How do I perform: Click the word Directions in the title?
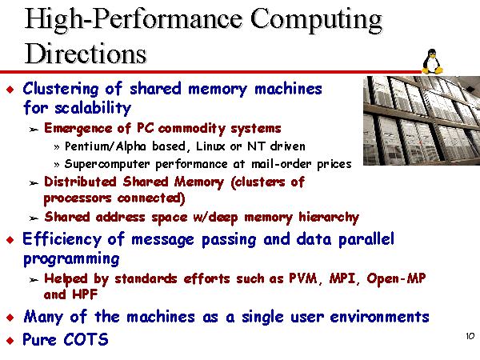86,54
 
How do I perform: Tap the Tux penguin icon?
432,62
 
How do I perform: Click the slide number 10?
470,336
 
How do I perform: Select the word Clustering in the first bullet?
61,90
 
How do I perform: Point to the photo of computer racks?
422,121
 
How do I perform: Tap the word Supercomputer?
107,164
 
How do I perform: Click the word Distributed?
80,182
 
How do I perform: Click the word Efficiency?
62,239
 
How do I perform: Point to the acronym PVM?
303,278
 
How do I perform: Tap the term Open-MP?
396,278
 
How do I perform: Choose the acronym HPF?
85,294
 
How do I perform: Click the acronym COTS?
86,339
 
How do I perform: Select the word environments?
379,317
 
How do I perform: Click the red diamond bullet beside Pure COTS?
10,341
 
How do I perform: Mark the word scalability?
93,108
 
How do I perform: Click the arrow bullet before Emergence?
34,130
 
